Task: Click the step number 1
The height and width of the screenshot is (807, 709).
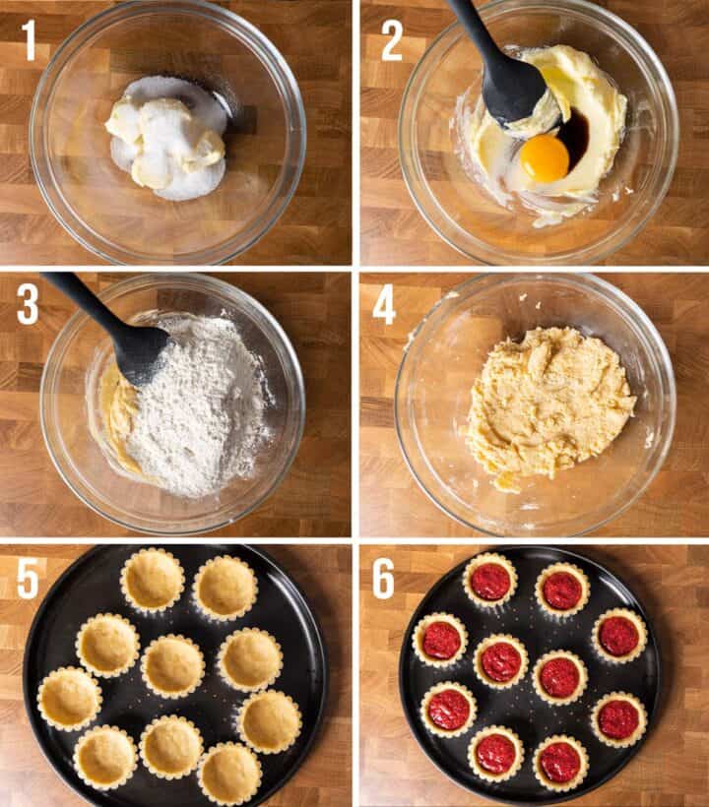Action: click(29, 40)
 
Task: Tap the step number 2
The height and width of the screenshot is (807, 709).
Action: click(391, 40)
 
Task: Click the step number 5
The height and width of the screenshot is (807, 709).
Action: click(28, 578)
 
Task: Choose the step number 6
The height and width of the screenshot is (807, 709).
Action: click(383, 578)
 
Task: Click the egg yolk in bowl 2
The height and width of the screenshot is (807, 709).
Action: click(545, 158)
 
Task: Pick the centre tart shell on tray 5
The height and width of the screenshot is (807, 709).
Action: click(172, 665)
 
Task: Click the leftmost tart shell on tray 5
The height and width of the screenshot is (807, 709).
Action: click(69, 699)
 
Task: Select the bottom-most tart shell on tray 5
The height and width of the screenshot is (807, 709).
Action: click(229, 774)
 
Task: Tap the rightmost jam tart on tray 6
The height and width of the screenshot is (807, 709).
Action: click(618, 636)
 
